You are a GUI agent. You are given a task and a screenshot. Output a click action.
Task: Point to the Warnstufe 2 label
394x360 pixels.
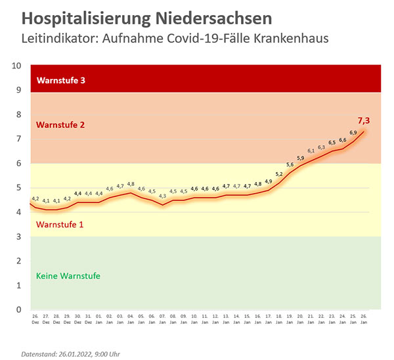[x=61, y=124]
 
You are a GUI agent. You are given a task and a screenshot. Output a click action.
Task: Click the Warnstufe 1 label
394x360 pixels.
[x=60, y=225]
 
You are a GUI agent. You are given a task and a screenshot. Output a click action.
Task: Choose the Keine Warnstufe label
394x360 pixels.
[x=68, y=276]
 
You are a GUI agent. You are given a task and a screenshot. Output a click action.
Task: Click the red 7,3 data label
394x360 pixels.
[x=363, y=121]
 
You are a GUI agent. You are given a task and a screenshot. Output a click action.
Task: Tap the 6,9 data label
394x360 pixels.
[x=353, y=133]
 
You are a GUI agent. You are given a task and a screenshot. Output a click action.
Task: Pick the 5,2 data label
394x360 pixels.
[x=279, y=174]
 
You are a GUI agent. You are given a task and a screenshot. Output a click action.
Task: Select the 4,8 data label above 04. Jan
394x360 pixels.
[x=131, y=184]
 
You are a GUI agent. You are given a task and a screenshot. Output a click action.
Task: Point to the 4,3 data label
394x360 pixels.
[x=162, y=196]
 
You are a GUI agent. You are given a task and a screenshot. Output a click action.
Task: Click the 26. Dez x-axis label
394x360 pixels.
[x=35, y=319]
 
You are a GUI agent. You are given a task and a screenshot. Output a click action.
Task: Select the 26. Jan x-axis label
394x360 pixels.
[x=363, y=319]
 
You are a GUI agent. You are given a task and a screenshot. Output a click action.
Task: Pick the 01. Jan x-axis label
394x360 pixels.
[x=99, y=319]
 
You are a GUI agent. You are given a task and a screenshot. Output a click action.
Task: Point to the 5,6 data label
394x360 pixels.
[x=290, y=165]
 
